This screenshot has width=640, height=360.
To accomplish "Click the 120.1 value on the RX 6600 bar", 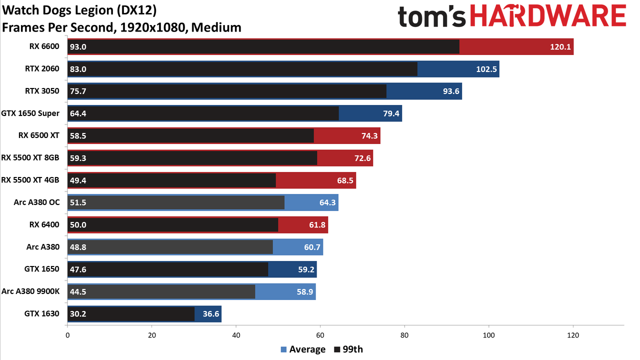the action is (560, 47).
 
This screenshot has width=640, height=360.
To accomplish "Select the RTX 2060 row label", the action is (42, 69).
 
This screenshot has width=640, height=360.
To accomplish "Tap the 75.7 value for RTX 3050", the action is (78, 91).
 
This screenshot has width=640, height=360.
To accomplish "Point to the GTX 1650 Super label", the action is (30, 113).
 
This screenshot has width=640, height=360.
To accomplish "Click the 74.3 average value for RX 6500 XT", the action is (369, 135).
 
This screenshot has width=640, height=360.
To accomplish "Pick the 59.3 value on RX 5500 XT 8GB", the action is (78, 158).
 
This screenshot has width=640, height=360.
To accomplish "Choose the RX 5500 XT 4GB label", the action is (30, 180).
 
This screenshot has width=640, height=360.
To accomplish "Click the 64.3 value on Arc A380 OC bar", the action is (327, 202).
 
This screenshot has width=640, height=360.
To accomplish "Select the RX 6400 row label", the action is (44, 224).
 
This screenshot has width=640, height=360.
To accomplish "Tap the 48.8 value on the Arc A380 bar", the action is (78, 247).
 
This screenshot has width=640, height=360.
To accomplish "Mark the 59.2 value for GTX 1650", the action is (306, 269).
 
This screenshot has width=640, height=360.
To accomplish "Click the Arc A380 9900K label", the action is (30, 291).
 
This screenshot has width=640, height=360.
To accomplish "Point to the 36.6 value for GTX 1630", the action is (211, 314).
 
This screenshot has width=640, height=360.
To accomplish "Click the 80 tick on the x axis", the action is (404, 335).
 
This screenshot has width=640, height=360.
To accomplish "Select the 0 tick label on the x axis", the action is (67, 335).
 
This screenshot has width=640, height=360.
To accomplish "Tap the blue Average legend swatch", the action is (283, 349).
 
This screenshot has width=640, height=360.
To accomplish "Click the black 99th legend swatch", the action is (337, 349).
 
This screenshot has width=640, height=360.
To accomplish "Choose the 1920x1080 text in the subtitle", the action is (153, 27).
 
